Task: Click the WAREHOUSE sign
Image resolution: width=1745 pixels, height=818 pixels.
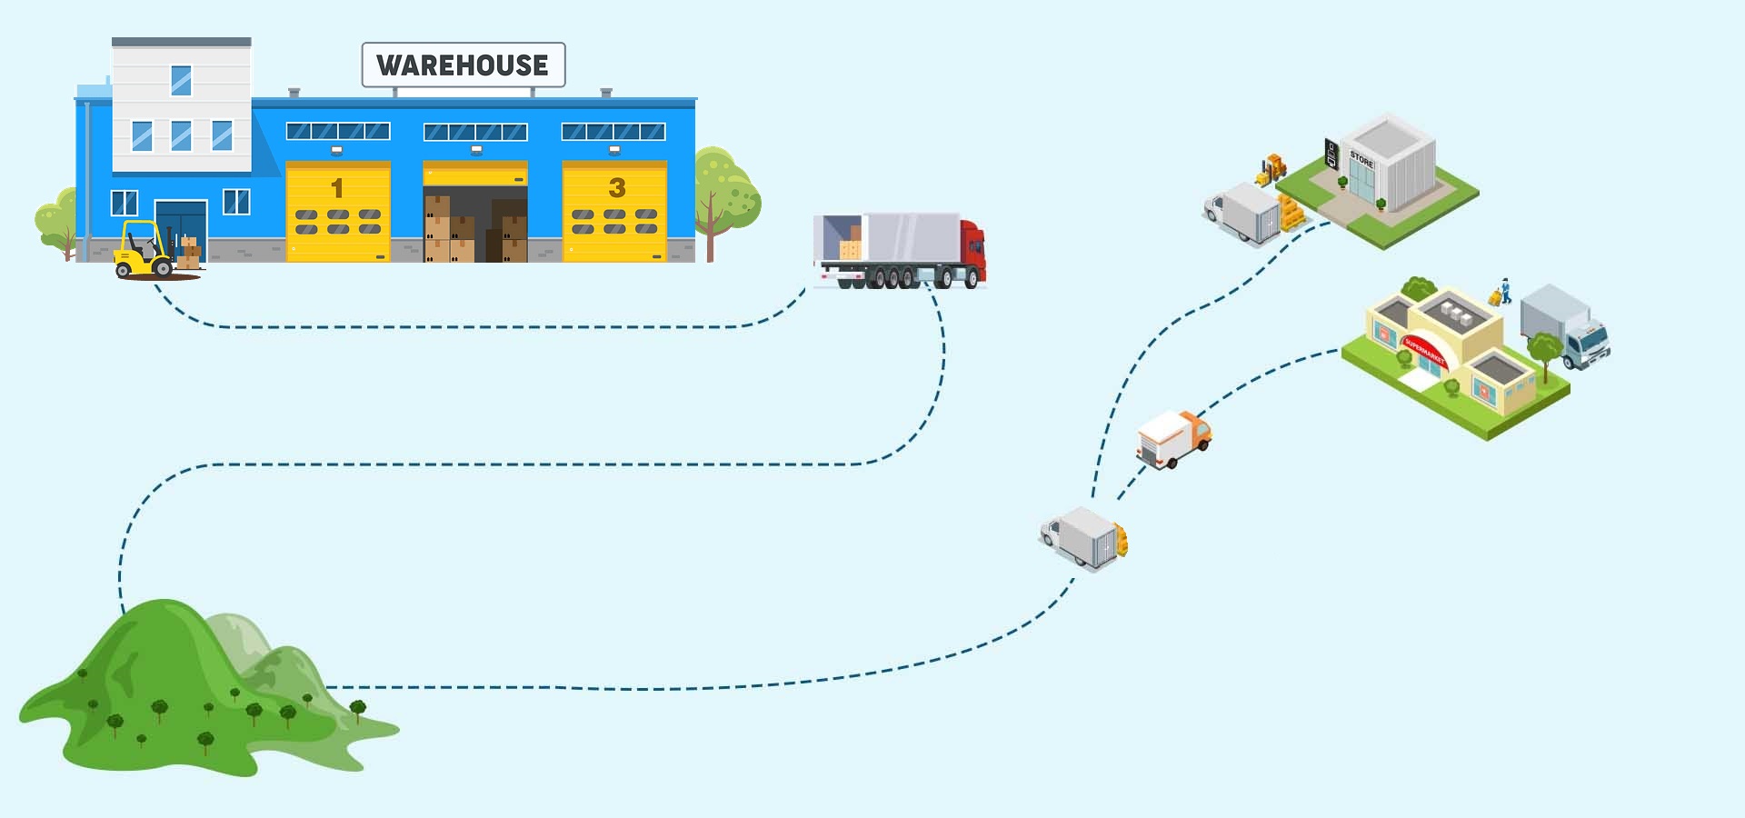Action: pos(463,65)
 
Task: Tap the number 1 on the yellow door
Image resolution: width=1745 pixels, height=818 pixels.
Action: pos(337,188)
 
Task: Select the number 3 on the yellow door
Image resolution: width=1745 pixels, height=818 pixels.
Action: pos(617,188)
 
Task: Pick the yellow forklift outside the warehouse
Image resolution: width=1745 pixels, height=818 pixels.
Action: pos(145,250)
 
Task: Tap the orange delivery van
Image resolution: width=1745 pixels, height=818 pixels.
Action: pos(1173,438)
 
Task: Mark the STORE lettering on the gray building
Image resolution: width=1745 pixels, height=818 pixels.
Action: pos(1361,159)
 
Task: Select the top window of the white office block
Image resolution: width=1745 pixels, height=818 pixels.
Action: pos(181,80)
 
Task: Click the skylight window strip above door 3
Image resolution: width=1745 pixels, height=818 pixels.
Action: pos(613,132)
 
